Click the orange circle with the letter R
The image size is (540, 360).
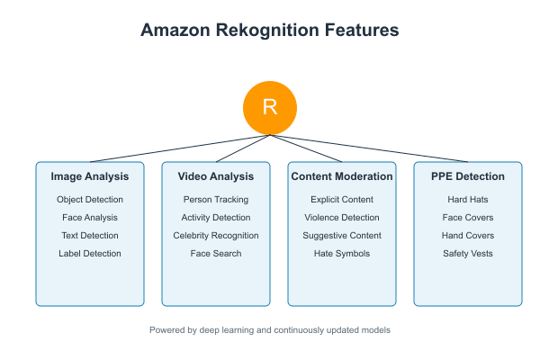click(x=270, y=108)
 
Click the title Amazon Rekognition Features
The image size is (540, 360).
click(x=270, y=31)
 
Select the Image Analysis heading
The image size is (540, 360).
click(x=90, y=176)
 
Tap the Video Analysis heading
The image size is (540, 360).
click(x=216, y=176)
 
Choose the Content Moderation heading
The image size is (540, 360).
click(x=342, y=176)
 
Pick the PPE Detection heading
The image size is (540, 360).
click(x=468, y=176)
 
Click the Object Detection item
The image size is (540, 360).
click(x=90, y=199)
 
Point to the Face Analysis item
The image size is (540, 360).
click(x=90, y=217)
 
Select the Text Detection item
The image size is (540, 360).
click(x=90, y=235)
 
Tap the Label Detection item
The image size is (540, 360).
click(x=90, y=253)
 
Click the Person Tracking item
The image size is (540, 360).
click(x=216, y=199)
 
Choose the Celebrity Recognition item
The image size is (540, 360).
click(x=216, y=235)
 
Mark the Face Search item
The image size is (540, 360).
click(x=216, y=253)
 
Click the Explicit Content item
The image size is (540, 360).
click(x=342, y=199)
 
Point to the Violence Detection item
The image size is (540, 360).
click(x=342, y=217)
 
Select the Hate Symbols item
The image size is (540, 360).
click(x=342, y=253)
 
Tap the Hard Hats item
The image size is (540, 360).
click(x=468, y=199)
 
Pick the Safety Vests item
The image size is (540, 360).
click(x=468, y=253)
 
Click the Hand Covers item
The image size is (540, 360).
click(x=468, y=235)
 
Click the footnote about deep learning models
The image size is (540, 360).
click(x=270, y=330)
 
